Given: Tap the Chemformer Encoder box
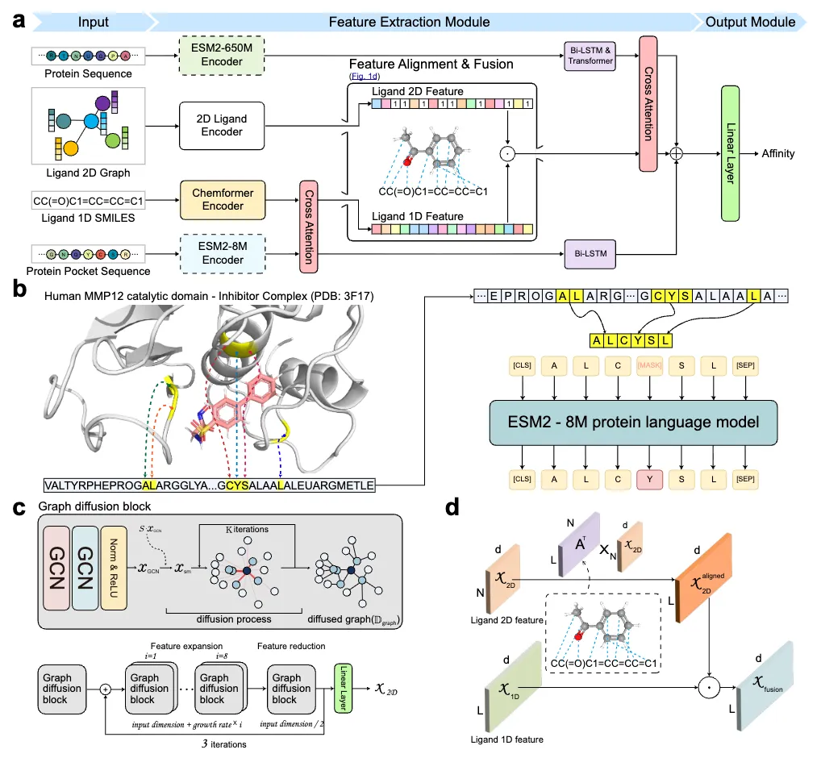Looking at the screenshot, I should pyautogui.click(x=223, y=199).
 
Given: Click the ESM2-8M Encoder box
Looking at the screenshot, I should pyautogui.click(x=223, y=253).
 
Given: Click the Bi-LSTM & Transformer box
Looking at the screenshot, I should pyautogui.click(x=590, y=55).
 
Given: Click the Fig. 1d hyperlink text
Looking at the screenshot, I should pyautogui.click(x=366, y=76).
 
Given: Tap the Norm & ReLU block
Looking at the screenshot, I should pyautogui.click(x=114, y=569).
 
